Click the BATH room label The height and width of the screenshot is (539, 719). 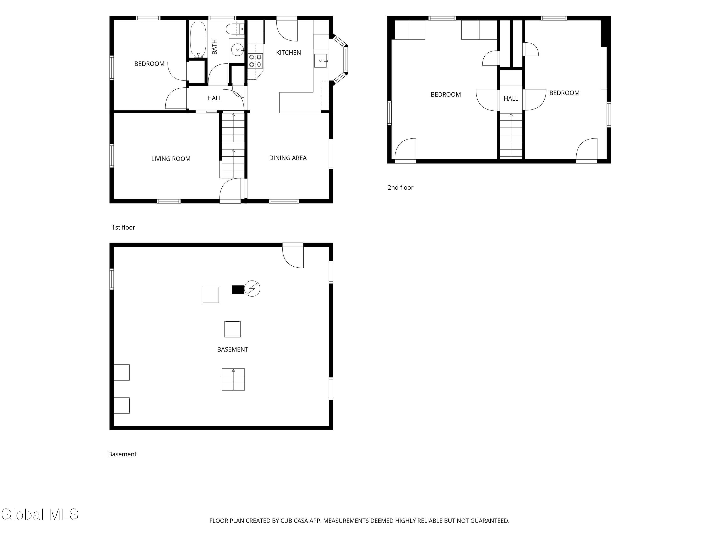point(215,47)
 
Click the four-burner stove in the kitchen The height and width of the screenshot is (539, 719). point(255,61)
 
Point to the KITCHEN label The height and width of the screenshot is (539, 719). point(288,53)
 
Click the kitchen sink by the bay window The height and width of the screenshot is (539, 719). point(320,61)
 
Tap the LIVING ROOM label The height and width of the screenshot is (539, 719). point(171,159)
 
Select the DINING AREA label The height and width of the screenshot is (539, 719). point(288,158)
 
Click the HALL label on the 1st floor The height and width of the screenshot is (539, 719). point(215,98)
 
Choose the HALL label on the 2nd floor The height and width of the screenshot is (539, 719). point(511,98)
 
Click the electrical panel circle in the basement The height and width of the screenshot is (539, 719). point(252,288)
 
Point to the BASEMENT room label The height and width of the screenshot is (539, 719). point(233,350)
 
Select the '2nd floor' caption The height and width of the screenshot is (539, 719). point(400,188)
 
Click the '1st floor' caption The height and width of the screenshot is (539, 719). point(123,227)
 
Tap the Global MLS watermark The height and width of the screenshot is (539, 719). point(40,514)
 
